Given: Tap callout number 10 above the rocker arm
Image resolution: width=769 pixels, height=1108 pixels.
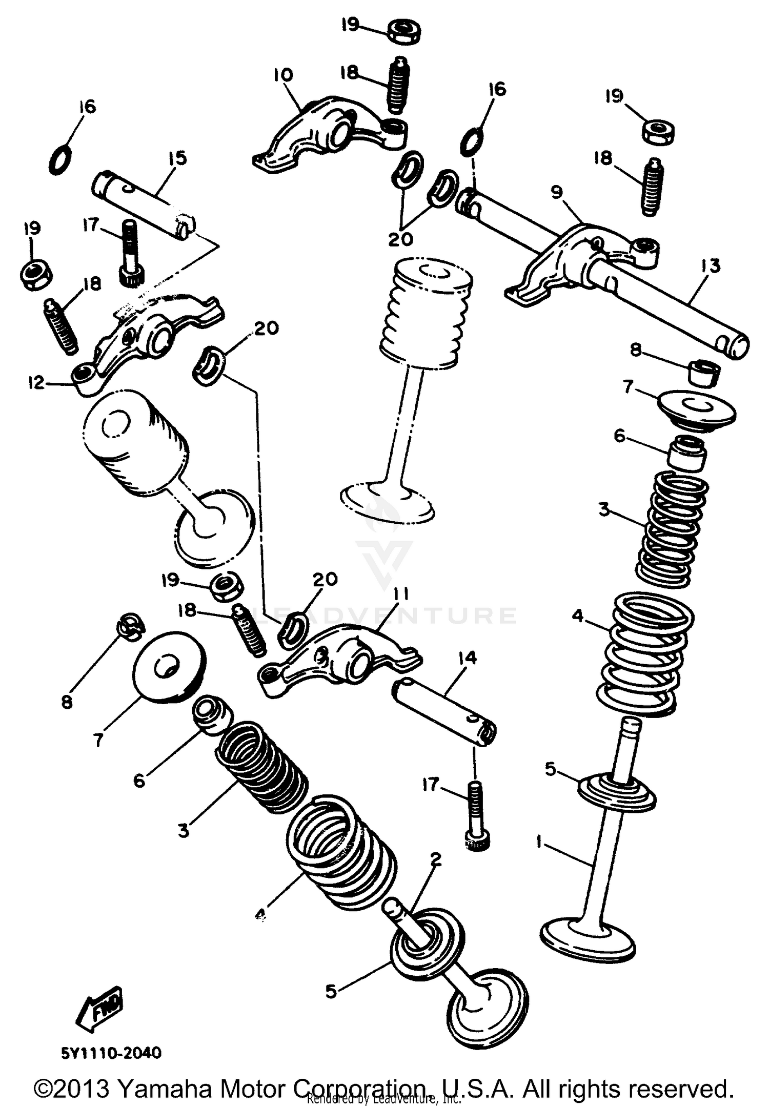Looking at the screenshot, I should tap(282, 75).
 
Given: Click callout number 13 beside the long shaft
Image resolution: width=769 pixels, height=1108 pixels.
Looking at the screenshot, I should tap(711, 266).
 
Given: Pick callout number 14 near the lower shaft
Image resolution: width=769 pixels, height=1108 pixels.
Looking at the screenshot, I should tap(468, 658).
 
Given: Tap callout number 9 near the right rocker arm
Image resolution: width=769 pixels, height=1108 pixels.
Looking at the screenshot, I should tap(557, 192).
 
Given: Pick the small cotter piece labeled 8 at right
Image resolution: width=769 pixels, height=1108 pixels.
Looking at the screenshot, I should tap(703, 371).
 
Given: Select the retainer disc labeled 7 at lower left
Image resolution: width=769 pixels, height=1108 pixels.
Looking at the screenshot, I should tap(169, 666).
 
